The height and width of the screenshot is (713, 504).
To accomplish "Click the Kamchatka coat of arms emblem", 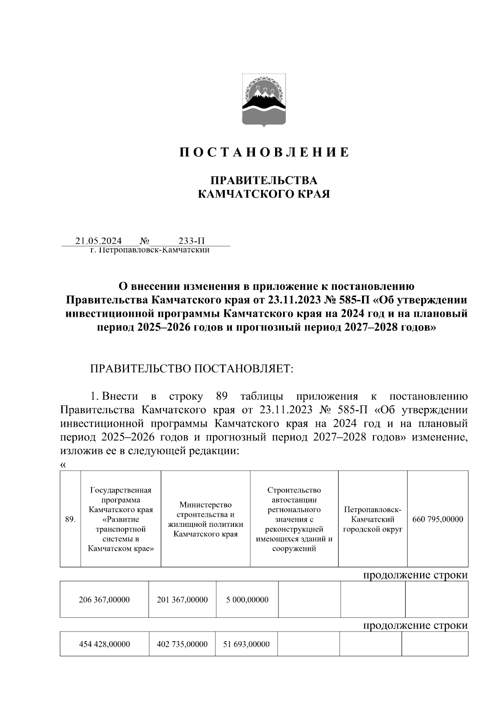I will point(264,100).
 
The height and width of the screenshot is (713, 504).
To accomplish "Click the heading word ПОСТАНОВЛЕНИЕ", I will point(264,152).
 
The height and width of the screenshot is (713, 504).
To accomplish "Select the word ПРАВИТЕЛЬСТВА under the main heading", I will point(264,180).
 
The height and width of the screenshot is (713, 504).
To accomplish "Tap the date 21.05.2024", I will point(99,241).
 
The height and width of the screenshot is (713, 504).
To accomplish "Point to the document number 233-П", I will point(192,241).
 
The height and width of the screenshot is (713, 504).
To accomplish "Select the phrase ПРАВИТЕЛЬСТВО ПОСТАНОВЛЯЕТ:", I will point(191,368).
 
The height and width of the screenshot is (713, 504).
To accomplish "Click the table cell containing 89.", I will point(70,519).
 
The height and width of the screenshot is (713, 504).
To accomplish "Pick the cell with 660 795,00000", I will point(438,519).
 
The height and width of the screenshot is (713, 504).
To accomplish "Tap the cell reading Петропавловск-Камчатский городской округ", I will point(373,519).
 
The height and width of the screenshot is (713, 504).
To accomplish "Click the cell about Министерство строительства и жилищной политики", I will point(205,519).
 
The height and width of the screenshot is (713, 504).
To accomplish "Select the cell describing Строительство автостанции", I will point(294,519).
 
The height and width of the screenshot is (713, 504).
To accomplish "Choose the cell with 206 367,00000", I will point(104,600).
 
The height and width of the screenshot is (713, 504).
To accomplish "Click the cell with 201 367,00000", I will point(182,600).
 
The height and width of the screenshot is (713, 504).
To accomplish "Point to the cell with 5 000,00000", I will point(247,600).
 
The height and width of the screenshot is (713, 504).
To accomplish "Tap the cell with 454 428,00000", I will point(104,644).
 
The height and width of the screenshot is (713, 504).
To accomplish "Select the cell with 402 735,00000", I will point(182,644).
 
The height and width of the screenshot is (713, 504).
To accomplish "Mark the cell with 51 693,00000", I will point(246,644).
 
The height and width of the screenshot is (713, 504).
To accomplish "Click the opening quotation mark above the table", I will point(63,465).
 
